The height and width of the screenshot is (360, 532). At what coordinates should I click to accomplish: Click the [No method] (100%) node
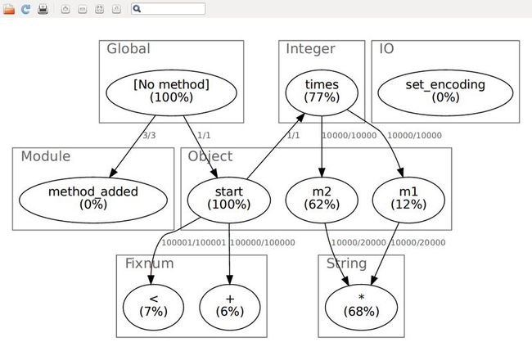pyautogui.click(x=171, y=92)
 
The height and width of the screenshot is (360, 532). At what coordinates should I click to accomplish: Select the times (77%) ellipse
pyautogui.click(x=322, y=92)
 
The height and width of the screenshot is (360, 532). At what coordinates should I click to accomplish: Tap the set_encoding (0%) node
pyautogui.click(x=445, y=92)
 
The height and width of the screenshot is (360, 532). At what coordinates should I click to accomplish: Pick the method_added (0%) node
pyautogui.click(x=93, y=200)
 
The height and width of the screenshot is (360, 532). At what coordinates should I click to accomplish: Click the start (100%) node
pyautogui.click(x=229, y=200)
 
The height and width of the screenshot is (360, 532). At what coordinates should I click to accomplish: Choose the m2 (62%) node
pyautogui.click(x=322, y=200)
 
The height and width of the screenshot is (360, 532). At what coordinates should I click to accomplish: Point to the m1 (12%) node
pyautogui.click(x=408, y=200)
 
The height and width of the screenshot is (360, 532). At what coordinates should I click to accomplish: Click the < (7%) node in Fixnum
pyautogui.click(x=153, y=307)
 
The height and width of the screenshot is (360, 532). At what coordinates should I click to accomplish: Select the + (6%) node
pyautogui.click(x=230, y=307)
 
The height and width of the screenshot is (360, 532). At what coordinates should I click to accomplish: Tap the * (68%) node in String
pyautogui.click(x=361, y=307)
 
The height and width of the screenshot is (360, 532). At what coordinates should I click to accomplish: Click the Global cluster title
pyautogui.click(x=128, y=49)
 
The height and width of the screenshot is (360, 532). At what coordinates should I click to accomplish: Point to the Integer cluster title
pyautogui.click(x=310, y=49)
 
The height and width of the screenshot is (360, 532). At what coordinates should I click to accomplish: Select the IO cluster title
pyautogui.click(x=386, y=49)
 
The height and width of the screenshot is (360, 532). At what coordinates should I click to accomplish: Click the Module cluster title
pyautogui.click(x=46, y=156)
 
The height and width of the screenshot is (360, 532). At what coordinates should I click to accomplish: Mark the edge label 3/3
pyautogui.click(x=149, y=135)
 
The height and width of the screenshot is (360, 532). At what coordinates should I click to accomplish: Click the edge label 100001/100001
pyautogui.click(x=194, y=243)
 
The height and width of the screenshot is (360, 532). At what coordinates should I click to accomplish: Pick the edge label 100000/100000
pyautogui.click(x=263, y=243)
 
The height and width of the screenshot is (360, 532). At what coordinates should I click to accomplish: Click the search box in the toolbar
pyautogui.click(x=169, y=9)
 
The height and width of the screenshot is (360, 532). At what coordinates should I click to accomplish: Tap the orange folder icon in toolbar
pyautogui.click(x=9, y=9)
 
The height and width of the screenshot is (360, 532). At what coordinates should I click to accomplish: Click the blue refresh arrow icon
pyautogui.click(x=26, y=9)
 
